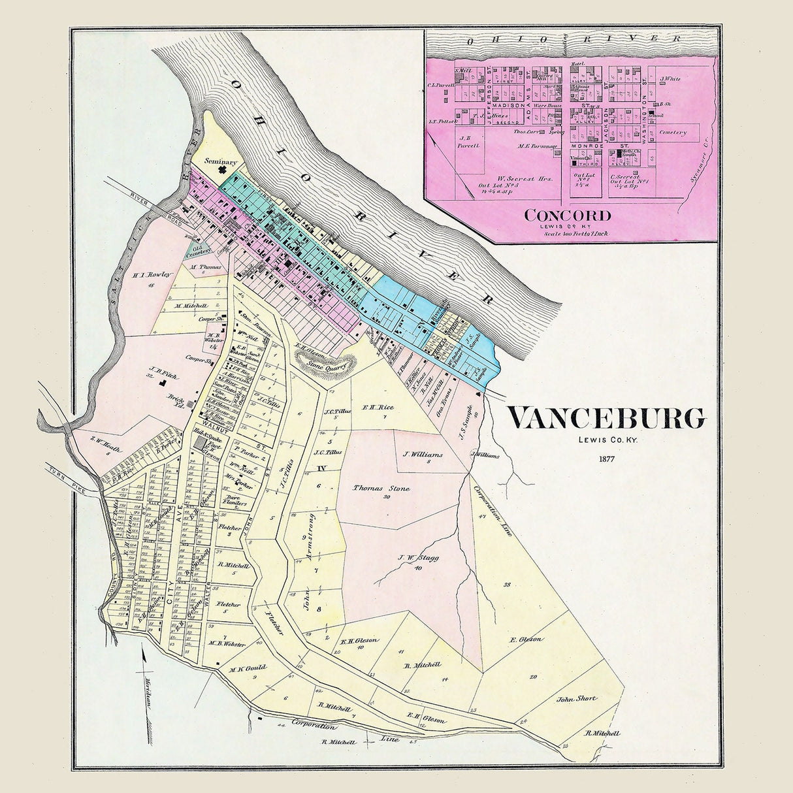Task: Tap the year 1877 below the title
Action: pyautogui.click(x=607, y=458)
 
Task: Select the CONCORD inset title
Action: pyautogui.click(x=568, y=215)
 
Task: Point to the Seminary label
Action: pyautogui.click(x=219, y=161)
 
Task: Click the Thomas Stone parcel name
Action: pyautogui.click(x=381, y=488)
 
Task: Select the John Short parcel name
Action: pyautogui.click(x=576, y=698)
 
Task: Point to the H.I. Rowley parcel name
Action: pyautogui.click(x=152, y=275)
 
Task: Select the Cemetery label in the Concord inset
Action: pyautogui.click(x=673, y=133)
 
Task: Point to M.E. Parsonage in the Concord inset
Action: pyautogui.click(x=538, y=146)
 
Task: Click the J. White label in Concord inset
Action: pyautogui.click(x=670, y=79)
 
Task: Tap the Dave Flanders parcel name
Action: pyautogui.click(x=234, y=500)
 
